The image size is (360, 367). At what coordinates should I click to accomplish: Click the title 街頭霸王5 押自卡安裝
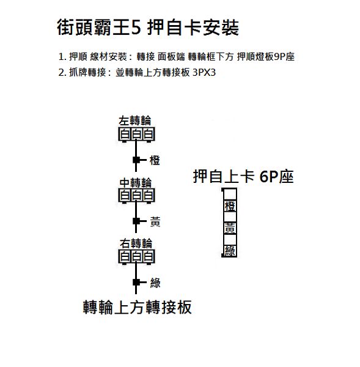click(148, 28)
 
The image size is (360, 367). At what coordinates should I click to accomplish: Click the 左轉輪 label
click(135, 121)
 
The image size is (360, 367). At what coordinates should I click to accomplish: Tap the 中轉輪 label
click(136, 183)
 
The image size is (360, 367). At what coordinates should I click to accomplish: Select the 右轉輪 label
click(136, 243)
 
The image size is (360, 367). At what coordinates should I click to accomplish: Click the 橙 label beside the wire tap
click(155, 160)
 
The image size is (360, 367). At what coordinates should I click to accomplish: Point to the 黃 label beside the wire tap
click(155, 221)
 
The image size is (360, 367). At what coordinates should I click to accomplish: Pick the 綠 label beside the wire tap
click(155, 283)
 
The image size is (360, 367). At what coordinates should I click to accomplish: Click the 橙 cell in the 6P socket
click(230, 206)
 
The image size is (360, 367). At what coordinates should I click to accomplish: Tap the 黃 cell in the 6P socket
click(230, 228)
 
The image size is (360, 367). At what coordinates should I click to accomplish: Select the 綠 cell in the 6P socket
click(230, 251)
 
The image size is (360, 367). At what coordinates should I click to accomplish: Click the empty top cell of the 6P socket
click(230, 195)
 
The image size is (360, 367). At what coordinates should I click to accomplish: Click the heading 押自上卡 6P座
click(243, 177)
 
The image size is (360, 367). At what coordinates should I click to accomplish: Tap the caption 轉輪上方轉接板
click(138, 307)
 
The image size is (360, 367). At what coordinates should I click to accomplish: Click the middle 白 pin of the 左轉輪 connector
click(136, 134)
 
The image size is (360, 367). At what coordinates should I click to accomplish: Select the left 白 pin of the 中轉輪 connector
click(125, 196)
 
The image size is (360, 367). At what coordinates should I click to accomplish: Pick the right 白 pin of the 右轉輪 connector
click(149, 256)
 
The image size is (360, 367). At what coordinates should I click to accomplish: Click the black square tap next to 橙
click(136, 160)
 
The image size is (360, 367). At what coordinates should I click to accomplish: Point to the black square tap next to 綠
click(136, 282)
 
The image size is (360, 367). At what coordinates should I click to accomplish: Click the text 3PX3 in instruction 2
click(204, 73)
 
